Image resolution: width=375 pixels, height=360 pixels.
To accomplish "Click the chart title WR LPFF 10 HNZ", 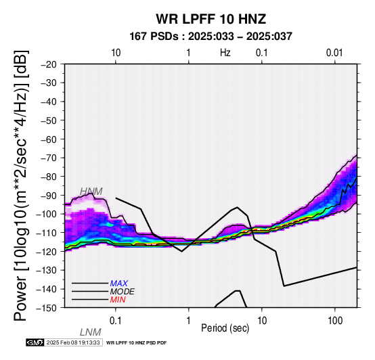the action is coord(211,19).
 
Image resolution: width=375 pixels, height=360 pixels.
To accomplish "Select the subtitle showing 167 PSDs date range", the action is coord(211,37).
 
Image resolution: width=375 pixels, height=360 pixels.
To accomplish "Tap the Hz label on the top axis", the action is coord(225,53).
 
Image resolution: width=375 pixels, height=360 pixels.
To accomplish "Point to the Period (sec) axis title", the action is coord(225,328).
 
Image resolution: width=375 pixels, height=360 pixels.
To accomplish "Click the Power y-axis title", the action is coord(20,185).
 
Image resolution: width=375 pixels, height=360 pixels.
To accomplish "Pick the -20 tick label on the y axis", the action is coord(49,64).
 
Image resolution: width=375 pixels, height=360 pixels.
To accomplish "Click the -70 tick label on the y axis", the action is coord(49,158).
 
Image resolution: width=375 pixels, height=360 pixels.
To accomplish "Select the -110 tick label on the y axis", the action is coord(47,233).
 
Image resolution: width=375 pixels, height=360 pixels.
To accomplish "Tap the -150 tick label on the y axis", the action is coord(47,308).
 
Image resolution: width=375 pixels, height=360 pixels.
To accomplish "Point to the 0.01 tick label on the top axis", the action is coord(334,53).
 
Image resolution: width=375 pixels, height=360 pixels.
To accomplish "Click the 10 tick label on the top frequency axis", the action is coord(116,53).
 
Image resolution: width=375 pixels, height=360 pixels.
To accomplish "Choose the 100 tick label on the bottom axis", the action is coord(335,321).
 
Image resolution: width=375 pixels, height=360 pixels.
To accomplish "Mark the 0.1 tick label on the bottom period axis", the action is coord(115,321).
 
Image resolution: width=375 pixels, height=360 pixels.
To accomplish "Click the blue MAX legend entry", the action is coord(119,284).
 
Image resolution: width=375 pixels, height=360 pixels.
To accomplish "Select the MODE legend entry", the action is coord(123,292).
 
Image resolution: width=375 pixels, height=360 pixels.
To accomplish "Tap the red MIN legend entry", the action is coord(118,300).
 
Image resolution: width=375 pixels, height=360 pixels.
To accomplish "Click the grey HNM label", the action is coord(91,192).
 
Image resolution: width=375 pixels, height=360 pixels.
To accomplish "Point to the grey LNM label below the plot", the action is coord(91,332).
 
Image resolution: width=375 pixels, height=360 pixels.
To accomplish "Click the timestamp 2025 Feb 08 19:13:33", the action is coord(73,343).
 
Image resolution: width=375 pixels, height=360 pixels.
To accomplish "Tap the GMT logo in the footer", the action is coord(35,343).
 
